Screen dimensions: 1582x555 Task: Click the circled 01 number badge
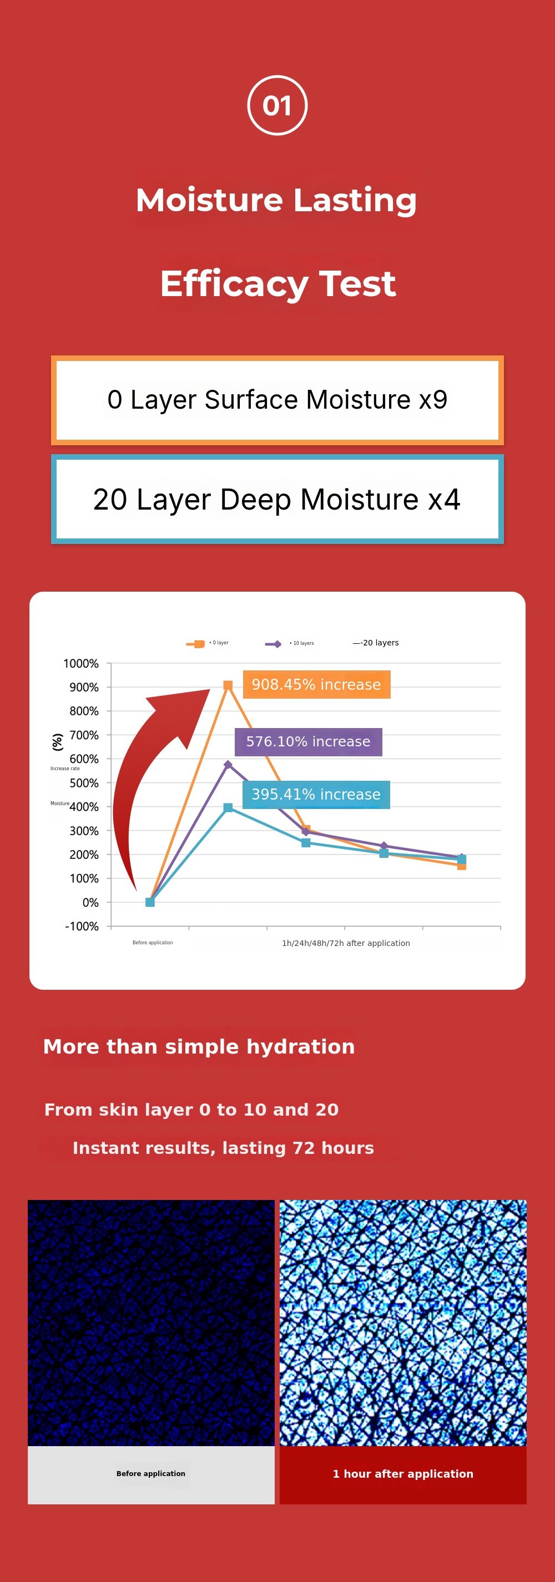[277, 105]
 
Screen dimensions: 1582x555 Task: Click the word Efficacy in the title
[233, 284]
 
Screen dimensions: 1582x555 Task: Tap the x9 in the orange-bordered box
[433, 400]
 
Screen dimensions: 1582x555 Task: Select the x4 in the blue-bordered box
[444, 499]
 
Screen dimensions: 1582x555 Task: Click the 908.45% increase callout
[316, 685]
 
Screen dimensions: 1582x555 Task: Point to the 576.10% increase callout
[308, 741]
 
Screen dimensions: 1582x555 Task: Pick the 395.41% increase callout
[316, 794]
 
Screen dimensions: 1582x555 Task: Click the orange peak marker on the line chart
[228, 685]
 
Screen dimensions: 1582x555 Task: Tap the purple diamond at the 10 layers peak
[228, 765]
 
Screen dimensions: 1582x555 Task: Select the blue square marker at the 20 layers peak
[228, 807]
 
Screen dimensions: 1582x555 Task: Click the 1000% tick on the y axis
[81, 663]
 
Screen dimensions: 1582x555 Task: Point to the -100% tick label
[82, 926]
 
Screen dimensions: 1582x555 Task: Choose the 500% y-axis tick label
[84, 783]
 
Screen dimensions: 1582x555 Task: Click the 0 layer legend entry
[207, 643]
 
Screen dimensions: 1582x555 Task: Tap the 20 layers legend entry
[376, 643]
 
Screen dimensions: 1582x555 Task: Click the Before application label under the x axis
[153, 943]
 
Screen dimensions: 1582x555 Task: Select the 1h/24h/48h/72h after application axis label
[345, 943]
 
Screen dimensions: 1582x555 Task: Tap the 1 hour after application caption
[402, 1473]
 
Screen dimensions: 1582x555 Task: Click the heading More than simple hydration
[199, 1046]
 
